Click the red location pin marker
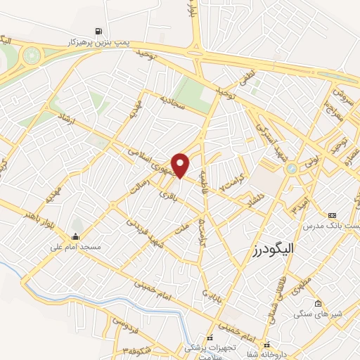click(181, 165)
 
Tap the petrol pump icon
click(97, 32)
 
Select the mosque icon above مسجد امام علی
click(77, 236)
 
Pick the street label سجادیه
click(172, 105)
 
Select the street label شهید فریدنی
click(142, 229)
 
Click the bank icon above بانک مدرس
click(333, 214)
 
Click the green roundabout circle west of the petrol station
click(32, 55)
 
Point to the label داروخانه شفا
click(288, 354)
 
